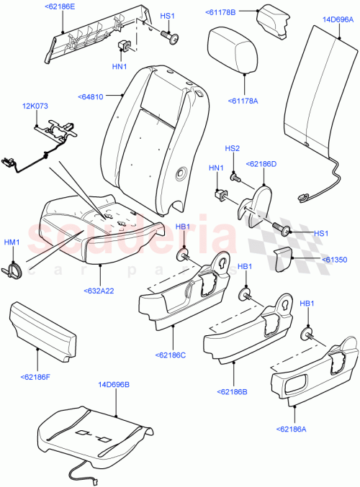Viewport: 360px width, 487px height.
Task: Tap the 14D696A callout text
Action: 338,19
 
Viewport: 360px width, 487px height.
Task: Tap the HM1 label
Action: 12,242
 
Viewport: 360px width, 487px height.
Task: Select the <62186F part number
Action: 37,376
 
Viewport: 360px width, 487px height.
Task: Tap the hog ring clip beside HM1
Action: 14,269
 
